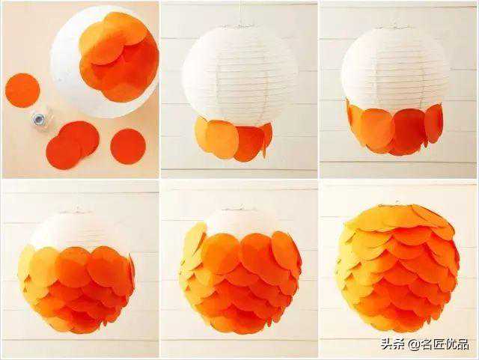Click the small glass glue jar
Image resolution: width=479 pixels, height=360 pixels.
point(40,120)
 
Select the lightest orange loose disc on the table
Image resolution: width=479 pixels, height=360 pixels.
point(22,91)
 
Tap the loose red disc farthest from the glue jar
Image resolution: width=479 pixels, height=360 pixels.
point(128,147)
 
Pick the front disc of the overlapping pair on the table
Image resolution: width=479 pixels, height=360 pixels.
point(63,152)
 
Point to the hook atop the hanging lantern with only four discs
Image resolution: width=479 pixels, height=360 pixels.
point(240,25)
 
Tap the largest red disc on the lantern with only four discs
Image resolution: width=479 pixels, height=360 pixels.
point(249,144)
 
